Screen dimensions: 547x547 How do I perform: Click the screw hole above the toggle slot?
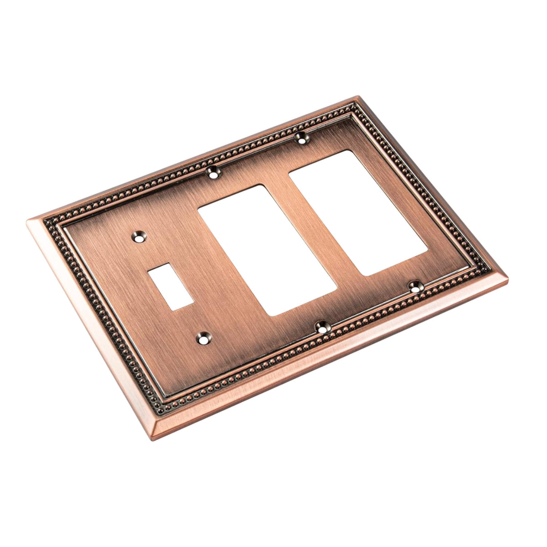tap(138, 237)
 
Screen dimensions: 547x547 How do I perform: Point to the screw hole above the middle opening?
tap(213, 173)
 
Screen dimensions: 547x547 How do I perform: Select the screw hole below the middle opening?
tap(322, 326)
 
